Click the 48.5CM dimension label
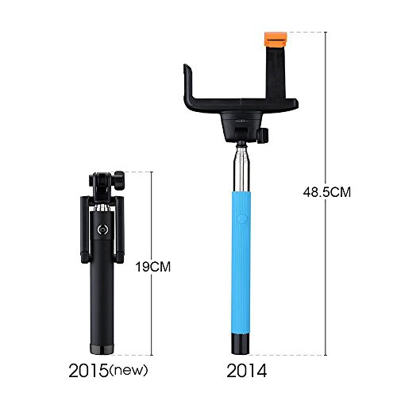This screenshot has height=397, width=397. pos(327,192)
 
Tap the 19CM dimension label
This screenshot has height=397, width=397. pos(153,267)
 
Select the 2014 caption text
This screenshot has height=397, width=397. pos(247,371)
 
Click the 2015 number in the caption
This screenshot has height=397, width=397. pos(88,371)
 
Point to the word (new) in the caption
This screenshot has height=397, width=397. pos(129,370)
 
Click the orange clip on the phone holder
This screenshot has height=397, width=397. pos(276,38)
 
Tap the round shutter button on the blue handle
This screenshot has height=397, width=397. pos(241,219)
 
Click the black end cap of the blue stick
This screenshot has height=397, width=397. pos(241,344)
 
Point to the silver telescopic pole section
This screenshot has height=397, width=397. pos(241,169)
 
